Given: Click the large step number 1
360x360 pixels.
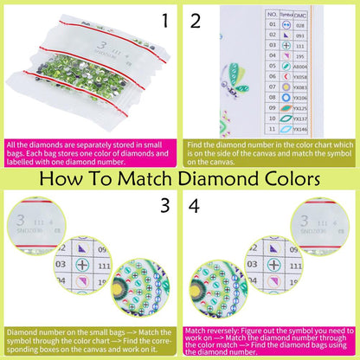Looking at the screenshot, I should pos(164,19).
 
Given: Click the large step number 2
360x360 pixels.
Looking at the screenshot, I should pos(195,19).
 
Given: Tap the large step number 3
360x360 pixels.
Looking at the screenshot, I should pos(164,207).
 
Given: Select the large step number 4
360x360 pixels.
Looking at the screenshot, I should pos(195,207).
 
